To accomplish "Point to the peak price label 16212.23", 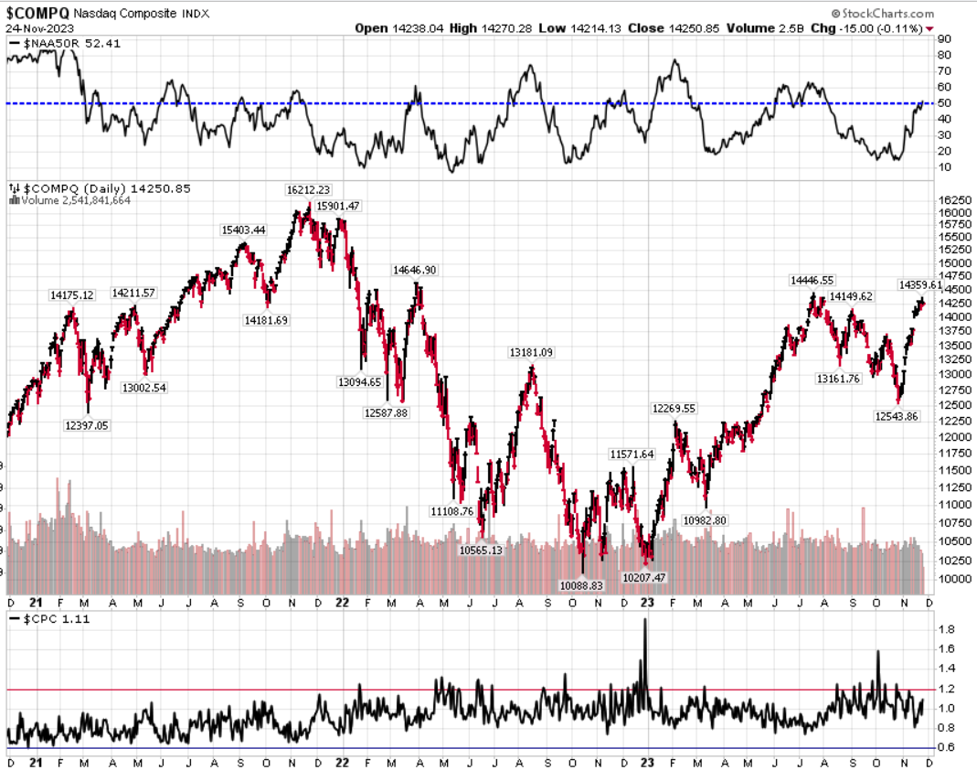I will (308, 189).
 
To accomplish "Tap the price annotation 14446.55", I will (812, 281).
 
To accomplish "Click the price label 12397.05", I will (86, 424).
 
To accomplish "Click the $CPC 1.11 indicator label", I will (43, 619).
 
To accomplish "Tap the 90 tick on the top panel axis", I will (943, 39).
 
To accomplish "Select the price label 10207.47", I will (644, 578).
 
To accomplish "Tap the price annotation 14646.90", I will (415, 270).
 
